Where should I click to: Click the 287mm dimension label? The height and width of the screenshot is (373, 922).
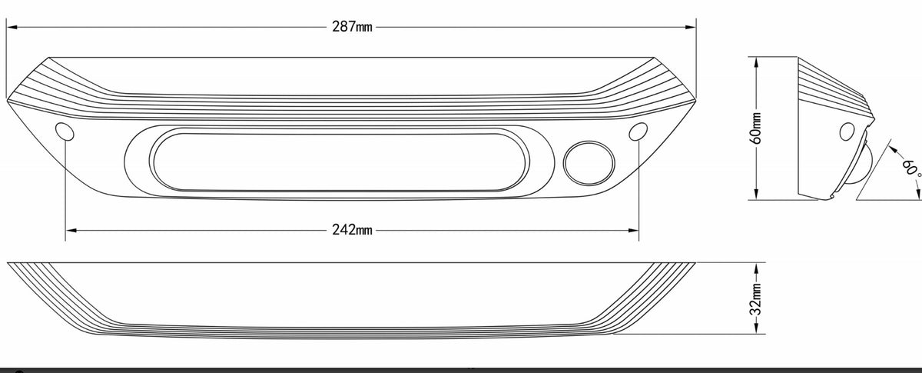pos(352,27)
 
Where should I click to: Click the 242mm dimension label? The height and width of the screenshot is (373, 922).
pos(352,230)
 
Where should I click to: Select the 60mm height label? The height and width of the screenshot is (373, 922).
pos(756,128)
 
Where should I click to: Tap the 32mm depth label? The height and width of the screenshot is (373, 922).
pos(756,298)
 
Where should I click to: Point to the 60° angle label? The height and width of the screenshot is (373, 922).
pos(911,170)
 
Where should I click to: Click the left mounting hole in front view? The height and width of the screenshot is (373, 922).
pos(65,132)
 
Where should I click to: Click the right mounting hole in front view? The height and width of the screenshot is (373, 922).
pos(638,132)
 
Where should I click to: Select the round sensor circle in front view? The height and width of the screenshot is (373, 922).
pos(589,163)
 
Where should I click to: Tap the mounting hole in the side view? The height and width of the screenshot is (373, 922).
pos(847,132)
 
